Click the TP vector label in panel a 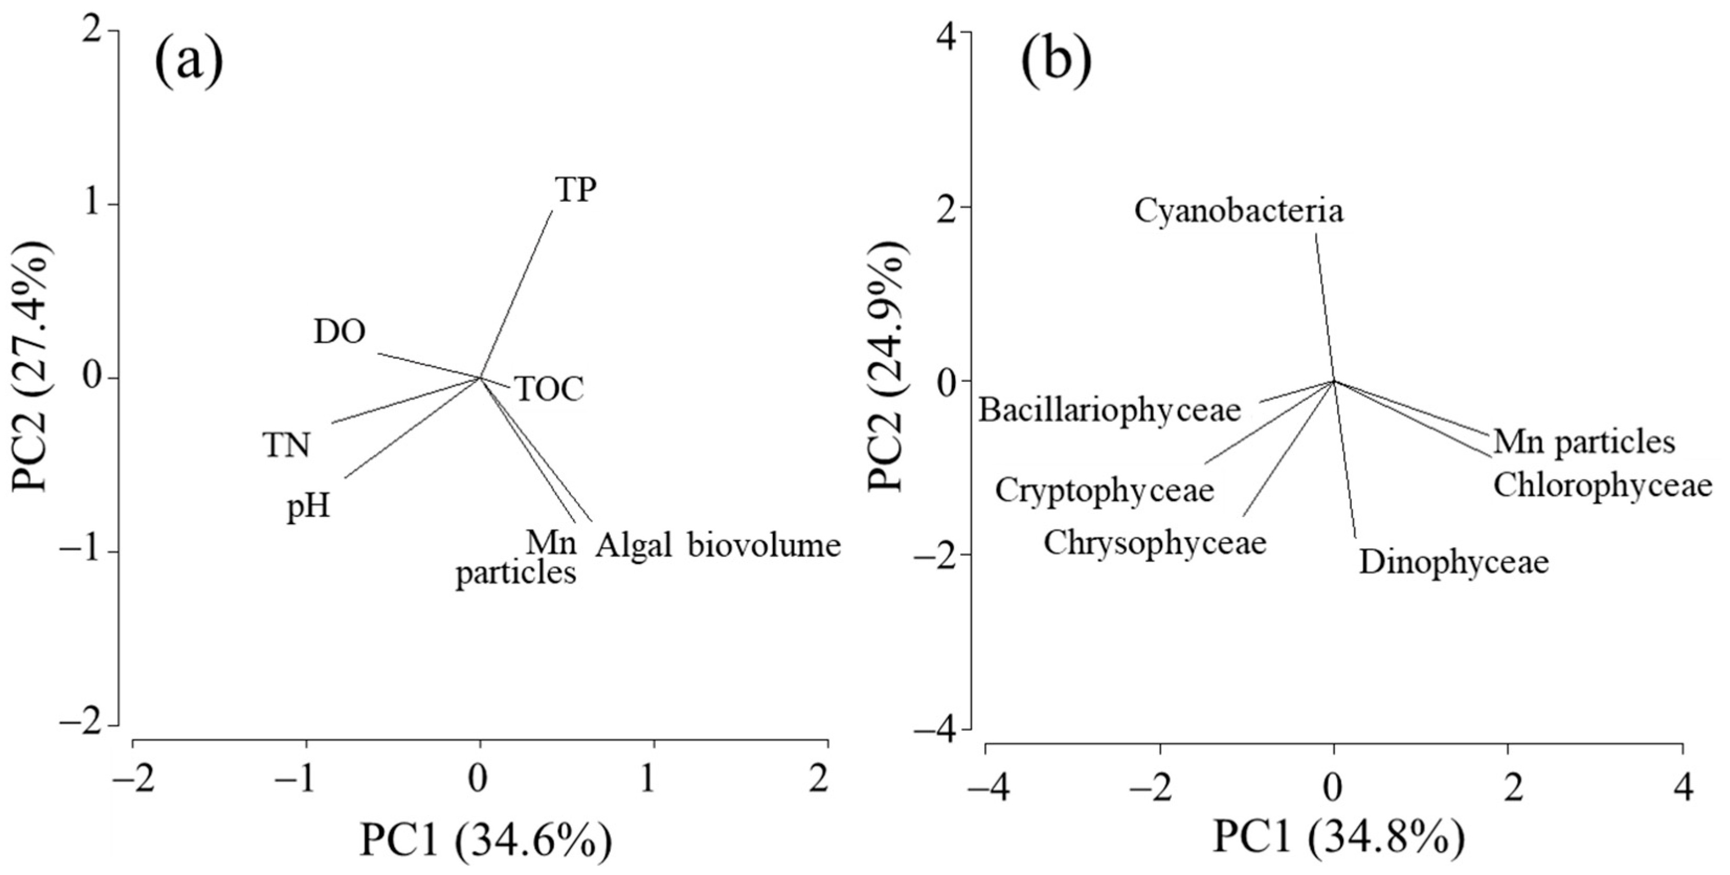pyautogui.click(x=576, y=190)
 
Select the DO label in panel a pyautogui.click(x=340, y=332)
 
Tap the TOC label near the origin pyautogui.click(x=549, y=389)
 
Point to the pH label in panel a pyautogui.click(x=309, y=505)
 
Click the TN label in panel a pyautogui.click(x=287, y=445)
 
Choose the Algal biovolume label pyautogui.click(x=717, y=545)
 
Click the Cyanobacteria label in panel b pyautogui.click(x=1239, y=211)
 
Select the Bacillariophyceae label pyautogui.click(x=1109, y=409)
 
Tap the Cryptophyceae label pyautogui.click(x=1105, y=490)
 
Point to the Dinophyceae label pyautogui.click(x=1453, y=562)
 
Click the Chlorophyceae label pyautogui.click(x=1602, y=484)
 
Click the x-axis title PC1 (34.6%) pyautogui.click(x=485, y=840)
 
